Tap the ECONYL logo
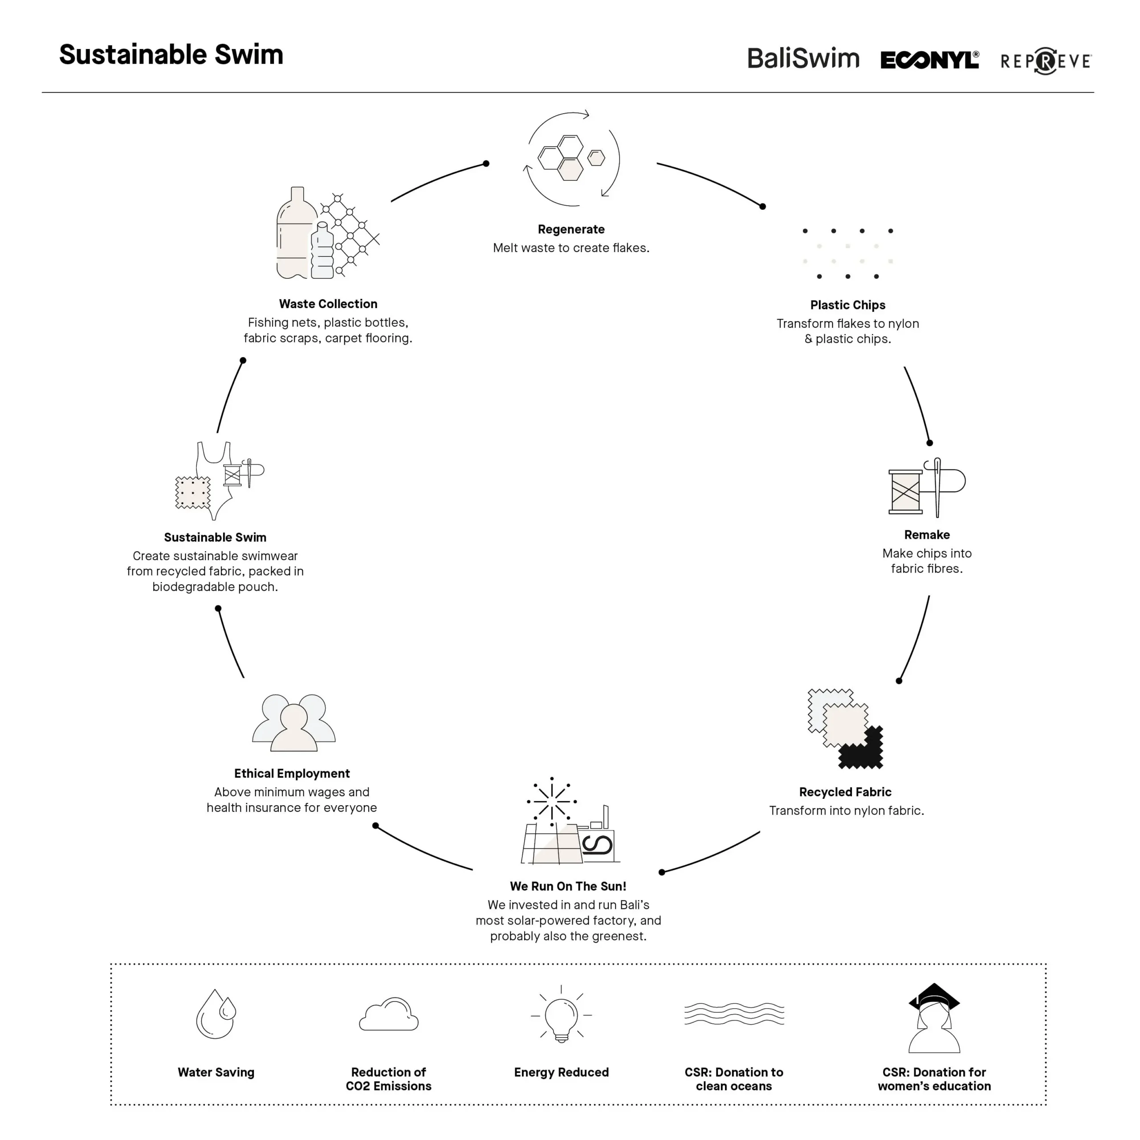click(x=929, y=60)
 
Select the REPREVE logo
click(x=1046, y=61)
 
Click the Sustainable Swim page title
click(x=171, y=54)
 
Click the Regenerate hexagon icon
click(x=570, y=158)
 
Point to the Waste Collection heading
click(x=328, y=304)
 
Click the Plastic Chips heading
click(x=847, y=305)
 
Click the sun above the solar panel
click(x=552, y=801)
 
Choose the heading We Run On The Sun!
click(x=568, y=886)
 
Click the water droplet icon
click(x=216, y=1014)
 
